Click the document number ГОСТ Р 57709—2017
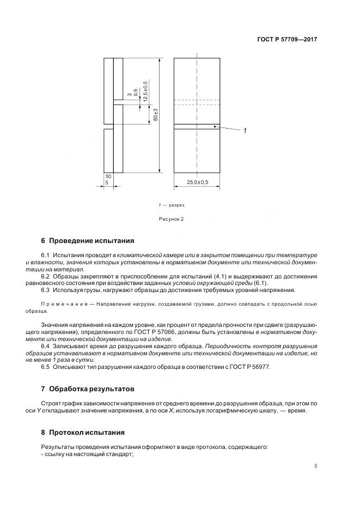286,40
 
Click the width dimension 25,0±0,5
197,181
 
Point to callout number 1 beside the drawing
245,130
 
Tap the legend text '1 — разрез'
172,205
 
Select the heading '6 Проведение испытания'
87,241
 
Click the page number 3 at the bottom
315,465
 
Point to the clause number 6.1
46,255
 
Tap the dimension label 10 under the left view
108,177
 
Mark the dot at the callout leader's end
215,126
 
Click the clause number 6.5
46,367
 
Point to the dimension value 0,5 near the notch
136,93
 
